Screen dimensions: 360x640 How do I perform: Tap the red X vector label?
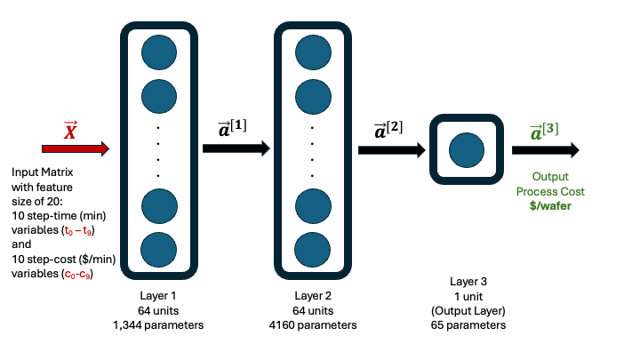coord(70,132)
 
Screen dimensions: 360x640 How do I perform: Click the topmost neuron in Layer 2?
coord(312,52)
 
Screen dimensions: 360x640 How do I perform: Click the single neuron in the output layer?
coord(465,149)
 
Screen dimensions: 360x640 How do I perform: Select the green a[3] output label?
coord(544,131)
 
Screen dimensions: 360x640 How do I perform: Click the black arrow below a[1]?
coord(236,149)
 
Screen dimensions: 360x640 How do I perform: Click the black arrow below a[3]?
coord(546,149)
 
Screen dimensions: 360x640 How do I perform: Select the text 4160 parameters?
coord(312,325)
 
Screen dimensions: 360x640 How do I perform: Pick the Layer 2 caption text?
coord(312,295)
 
